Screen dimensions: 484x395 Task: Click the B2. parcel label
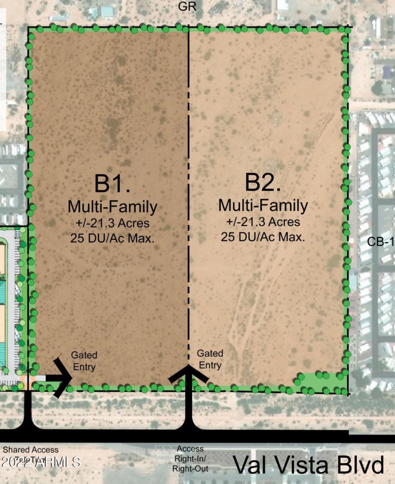[263, 182]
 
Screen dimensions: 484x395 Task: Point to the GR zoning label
[188, 7]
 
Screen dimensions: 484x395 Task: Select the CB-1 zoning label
[381, 242]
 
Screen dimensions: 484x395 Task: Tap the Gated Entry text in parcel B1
[84, 361]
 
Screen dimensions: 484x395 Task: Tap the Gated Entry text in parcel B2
[210, 359]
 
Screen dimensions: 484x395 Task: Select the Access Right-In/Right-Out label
[190, 458]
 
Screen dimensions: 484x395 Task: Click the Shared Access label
[31, 450]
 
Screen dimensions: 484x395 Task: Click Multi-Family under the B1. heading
[113, 206]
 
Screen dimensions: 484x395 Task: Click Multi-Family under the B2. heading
[263, 204]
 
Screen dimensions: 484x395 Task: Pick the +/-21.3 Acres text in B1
[113, 223]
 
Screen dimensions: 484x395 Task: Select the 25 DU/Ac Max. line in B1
[113, 238]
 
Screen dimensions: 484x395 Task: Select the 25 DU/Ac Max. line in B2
[263, 236]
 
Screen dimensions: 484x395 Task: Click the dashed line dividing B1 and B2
[188, 148]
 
